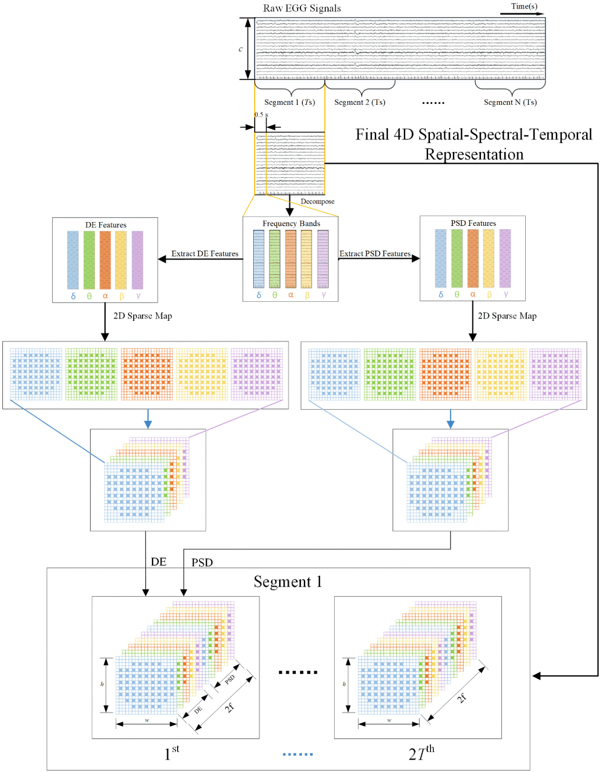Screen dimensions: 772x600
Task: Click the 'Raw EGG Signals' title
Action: [x=302, y=8]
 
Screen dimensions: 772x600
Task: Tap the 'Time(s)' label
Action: [x=524, y=6]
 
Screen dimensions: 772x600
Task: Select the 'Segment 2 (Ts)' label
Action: [x=360, y=102]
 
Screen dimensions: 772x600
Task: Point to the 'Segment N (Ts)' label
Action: [x=510, y=102]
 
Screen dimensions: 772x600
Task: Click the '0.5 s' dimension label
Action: [x=261, y=114]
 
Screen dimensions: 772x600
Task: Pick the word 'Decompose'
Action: [x=317, y=202]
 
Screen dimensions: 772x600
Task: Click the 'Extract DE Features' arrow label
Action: [x=205, y=254]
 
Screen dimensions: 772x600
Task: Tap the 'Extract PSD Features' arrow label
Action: [x=375, y=254]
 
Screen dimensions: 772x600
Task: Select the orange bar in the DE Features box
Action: [x=105, y=260]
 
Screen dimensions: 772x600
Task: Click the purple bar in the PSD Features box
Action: [x=505, y=258]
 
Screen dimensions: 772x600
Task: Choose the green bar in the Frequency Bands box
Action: [x=275, y=259]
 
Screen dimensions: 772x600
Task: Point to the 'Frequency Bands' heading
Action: [x=291, y=223]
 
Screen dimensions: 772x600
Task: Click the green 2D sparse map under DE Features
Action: [x=91, y=374]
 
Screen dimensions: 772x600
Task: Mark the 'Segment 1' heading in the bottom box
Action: [x=288, y=582]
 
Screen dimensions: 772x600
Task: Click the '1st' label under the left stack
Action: [x=171, y=753]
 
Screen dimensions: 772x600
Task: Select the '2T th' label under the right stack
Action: [x=421, y=753]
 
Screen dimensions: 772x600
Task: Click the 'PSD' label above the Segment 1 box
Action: [x=202, y=563]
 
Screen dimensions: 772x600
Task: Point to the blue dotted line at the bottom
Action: [x=298, y=754]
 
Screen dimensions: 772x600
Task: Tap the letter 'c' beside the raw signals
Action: [x=240, y=49]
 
